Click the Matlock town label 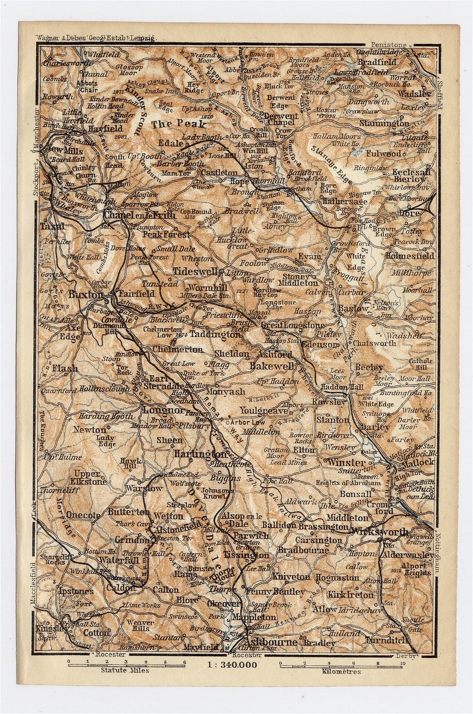418,462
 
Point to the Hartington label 200,455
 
